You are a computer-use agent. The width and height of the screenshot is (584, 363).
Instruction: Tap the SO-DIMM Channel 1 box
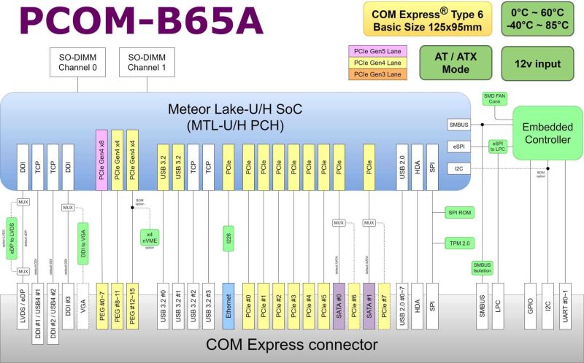(147, 63)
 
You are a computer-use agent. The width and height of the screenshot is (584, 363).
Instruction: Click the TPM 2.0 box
(461, 242)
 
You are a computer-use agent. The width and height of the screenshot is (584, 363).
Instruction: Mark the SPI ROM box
(461, 212)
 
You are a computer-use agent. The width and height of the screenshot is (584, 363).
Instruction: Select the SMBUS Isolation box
(483, 267)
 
